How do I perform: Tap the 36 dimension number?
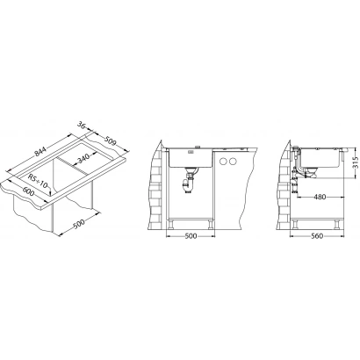(82, 125)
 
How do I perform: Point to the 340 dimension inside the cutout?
(83, 159)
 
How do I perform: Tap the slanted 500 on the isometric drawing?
(79, 223)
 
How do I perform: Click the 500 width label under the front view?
(191, 236)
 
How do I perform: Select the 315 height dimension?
(356, 162)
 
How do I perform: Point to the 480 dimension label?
(320, 197)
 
